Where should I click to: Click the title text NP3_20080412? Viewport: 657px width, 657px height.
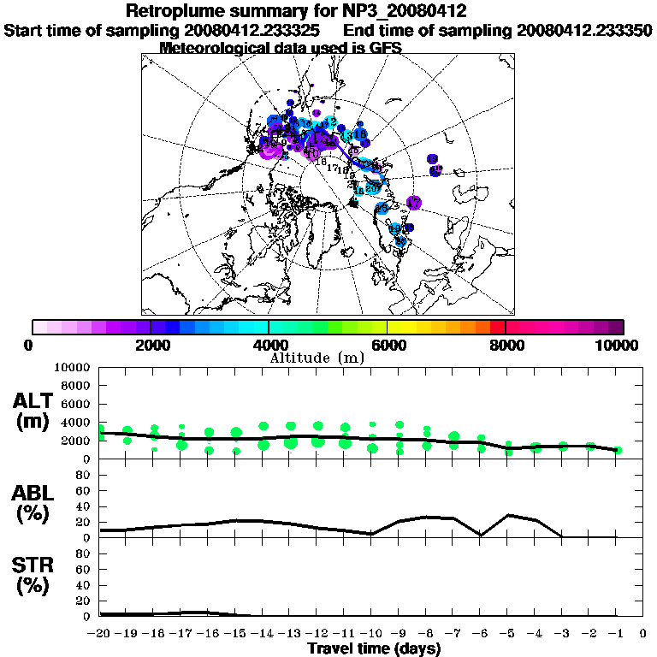point(409,12)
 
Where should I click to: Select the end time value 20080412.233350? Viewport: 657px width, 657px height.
point(584,31)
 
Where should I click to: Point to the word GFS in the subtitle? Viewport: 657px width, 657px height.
point(386,48)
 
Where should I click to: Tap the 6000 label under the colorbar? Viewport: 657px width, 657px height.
point(387,345)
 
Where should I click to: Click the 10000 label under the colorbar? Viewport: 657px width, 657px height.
point(619,345)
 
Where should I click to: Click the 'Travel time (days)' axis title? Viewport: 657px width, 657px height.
point(374,648)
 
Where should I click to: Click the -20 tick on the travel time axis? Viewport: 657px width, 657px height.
point(99,633)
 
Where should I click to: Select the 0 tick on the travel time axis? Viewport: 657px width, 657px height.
point(642,633)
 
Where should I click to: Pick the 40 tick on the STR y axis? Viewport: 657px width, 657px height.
point(85,584)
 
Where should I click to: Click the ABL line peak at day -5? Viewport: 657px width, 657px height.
point(508,515)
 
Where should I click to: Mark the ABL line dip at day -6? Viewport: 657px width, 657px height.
point(482,535)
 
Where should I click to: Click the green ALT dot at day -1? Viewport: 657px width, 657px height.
point(617,450)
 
